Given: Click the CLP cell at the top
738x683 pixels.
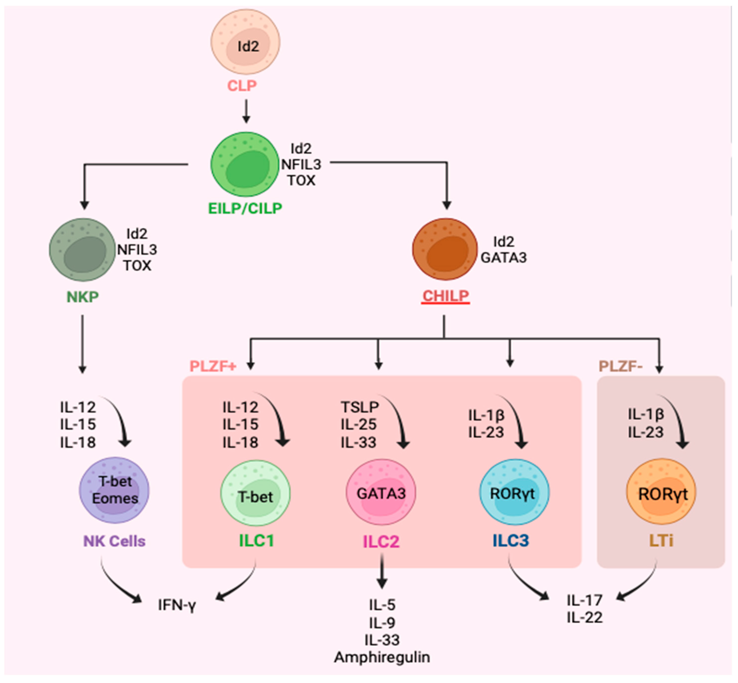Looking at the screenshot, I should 245,42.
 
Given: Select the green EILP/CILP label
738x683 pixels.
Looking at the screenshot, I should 245,208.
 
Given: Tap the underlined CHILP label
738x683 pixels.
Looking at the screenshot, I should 445,296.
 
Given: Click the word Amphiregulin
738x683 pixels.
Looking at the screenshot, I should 382,657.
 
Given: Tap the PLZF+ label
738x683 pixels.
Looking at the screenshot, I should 213,366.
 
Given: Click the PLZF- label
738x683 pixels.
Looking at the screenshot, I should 621,366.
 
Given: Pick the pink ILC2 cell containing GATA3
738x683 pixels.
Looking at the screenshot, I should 381,492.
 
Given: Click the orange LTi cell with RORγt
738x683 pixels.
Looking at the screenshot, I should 661,492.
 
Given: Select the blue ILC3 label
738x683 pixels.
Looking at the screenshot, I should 511,541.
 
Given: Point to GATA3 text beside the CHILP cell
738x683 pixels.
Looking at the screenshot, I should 503,257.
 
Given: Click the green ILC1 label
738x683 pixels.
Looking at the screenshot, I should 256,541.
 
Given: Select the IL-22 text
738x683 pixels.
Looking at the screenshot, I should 585,617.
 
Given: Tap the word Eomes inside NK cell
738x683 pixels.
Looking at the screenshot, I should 115,498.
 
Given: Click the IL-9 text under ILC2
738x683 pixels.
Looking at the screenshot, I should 382,623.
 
